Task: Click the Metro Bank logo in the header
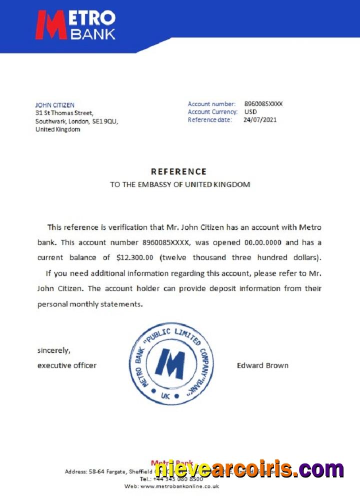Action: pyautogui.click(x=75, y=25)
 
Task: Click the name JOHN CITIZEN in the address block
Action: pyautogui.click(x=55, y=105)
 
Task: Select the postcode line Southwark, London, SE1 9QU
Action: pyautogui.click(x=76, y=121)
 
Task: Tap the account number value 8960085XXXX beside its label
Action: pyautogui.click(x=263, y=104)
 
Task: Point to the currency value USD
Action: pyautogui.click(x=250, y=112)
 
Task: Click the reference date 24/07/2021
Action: pyautogui.click(x=259, y=120)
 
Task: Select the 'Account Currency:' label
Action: pyautogui.click(x=212, y=112)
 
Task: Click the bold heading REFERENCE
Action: pyautogui.click(x=178, y=171)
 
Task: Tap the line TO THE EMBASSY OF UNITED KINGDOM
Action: pyautogui.click(x=180, y=184)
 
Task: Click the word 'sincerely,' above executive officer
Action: pyautogui.click(x=54, y=350)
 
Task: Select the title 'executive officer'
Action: pyautogui.click(x=67, y=365)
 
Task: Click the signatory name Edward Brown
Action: pyautogui.click(x=262, y=365)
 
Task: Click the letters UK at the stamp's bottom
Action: pyautogui.click(x=166, y=396)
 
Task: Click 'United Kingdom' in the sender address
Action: pyautogui.click(x=57, y=129)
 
